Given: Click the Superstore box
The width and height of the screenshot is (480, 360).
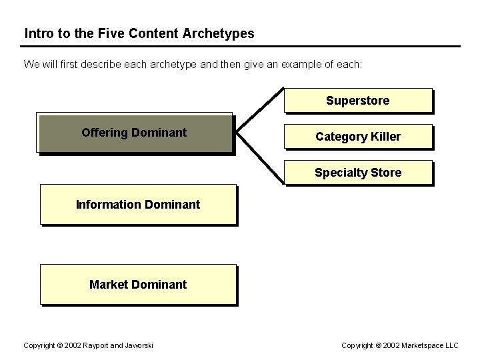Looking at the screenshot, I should click(358, 101).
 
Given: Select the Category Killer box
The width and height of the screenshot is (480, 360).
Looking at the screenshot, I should click(358, 136).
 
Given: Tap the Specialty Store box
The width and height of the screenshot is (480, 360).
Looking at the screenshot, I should click(358, 173).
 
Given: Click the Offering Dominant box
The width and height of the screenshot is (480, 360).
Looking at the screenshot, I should click(135, 133).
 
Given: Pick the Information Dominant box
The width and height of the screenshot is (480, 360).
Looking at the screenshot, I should click(138, 204).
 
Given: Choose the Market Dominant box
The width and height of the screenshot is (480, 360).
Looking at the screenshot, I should click(138, 284).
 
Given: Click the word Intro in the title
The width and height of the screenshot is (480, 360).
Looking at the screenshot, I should click(38, 33).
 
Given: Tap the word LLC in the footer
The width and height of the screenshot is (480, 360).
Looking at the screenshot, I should click(451, 345).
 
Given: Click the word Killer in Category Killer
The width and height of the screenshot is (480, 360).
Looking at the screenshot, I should click(385, 136).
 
